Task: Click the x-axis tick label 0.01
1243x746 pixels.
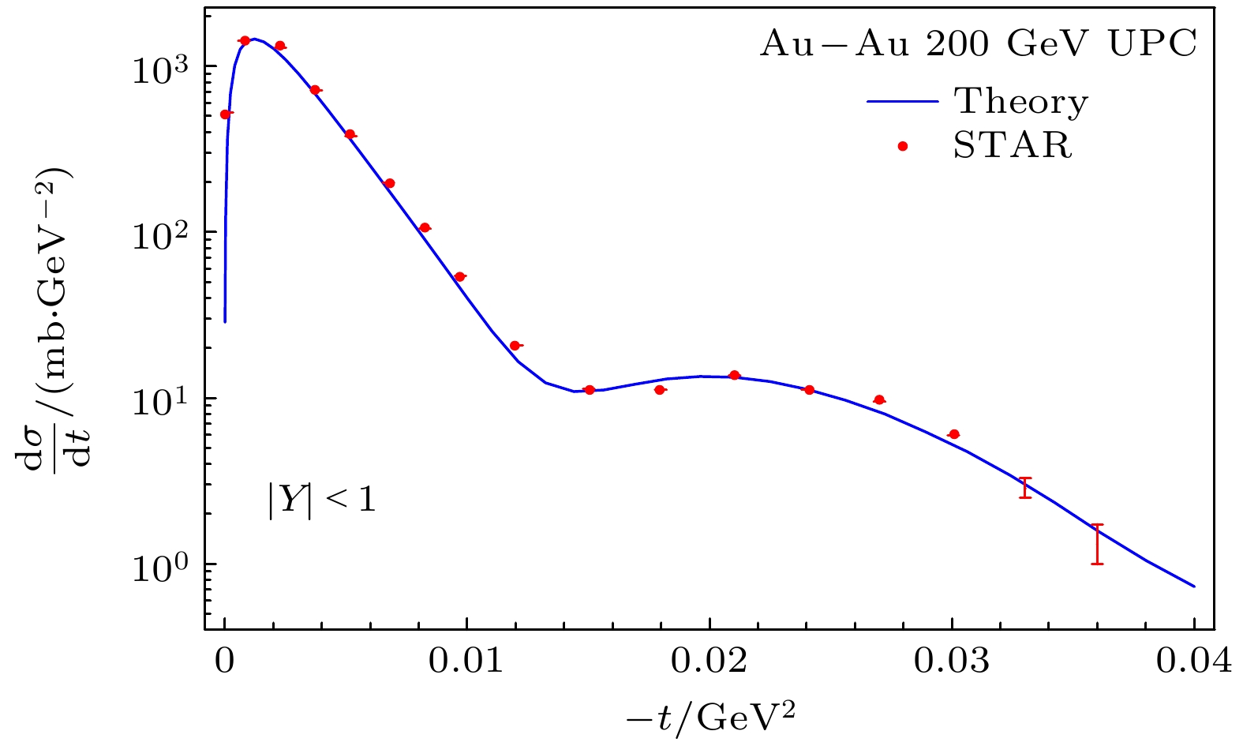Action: [x=466, y=662]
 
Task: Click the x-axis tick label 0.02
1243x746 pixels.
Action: [x=709, y=662]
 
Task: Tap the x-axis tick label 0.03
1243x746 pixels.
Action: [x=952, y=662]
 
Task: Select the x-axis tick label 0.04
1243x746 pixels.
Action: [x=1194, y=662]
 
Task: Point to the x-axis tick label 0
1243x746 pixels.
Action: [x=225, y=662]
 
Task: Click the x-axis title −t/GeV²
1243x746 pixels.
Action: [x=709, y=717]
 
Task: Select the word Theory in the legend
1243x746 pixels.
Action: [x=1021, y=102]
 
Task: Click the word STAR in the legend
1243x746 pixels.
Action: [x=1013, y=145]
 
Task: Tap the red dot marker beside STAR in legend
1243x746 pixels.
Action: [x=903, y=145]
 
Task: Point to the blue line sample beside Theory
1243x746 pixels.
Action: [x=903, y=102]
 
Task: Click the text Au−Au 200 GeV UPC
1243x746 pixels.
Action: [x=979, y=45]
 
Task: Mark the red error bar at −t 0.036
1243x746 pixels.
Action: [x=1097, y=544]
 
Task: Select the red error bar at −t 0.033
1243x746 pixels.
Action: [x=1025, y=488]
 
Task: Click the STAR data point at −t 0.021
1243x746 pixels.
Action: [x=734, y=375]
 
